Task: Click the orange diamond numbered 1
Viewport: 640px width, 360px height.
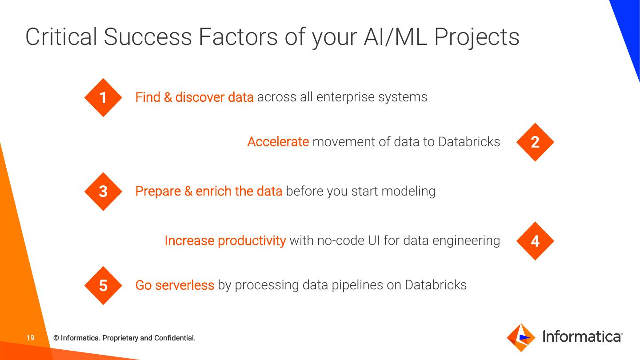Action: tap(103, 97)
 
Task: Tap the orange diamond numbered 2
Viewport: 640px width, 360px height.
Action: tap(535, 142)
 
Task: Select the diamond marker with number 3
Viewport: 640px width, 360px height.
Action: tap(103, 191)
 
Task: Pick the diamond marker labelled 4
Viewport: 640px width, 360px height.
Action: tap(535, 241)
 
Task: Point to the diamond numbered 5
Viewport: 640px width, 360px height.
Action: tap(103, 285)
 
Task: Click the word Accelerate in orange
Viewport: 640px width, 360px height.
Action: tap(278, 142)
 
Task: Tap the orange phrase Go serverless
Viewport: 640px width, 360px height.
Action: tap(175, 285)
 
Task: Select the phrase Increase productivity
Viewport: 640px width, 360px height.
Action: tap(225, 240)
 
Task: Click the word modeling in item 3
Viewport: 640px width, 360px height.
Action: tap(408, 191)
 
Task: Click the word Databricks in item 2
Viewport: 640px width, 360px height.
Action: tap(469, 142)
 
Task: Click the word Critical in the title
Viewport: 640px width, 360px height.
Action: tap(61, 37)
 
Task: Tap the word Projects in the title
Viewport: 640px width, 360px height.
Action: tap(476, 38)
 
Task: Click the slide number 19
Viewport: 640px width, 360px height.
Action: tap(30, 338)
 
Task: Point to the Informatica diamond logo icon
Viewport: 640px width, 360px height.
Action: tap(521, 337)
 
